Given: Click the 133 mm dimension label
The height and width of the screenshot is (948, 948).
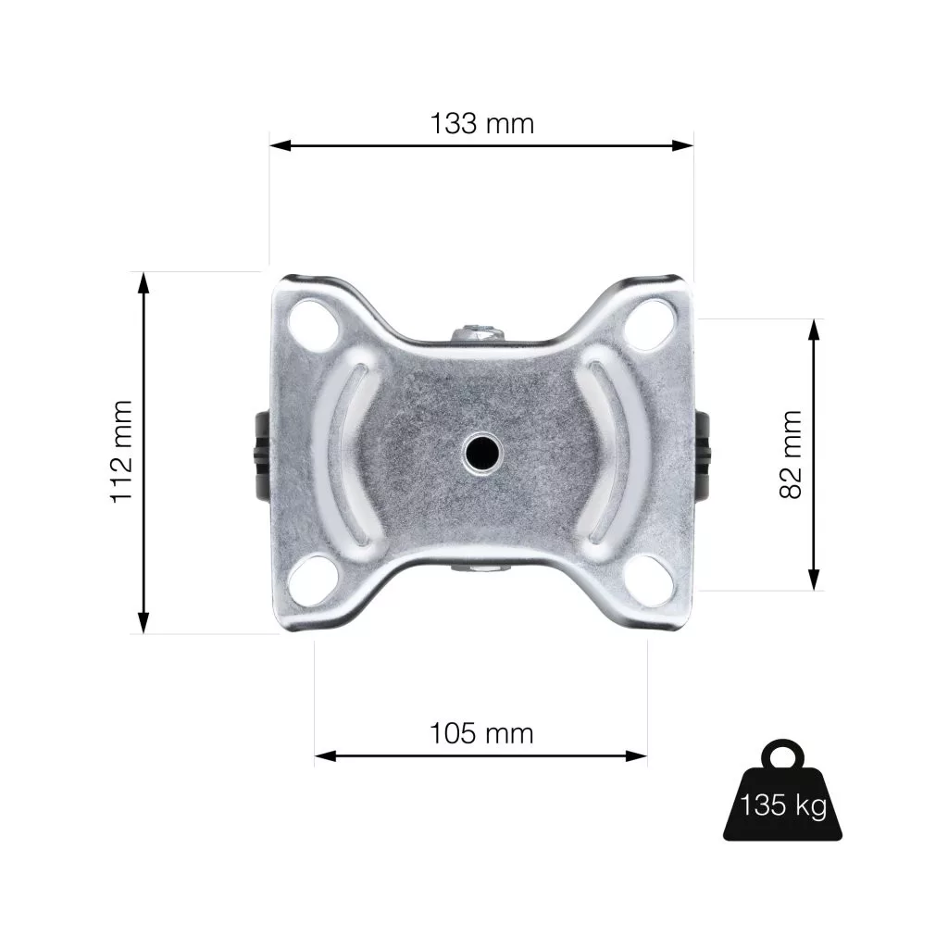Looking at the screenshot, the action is tap(481, 124).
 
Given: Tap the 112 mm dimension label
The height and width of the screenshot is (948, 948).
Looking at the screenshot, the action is tap(121, 451).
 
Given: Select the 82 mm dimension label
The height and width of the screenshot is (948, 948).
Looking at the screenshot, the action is tap(791, 454).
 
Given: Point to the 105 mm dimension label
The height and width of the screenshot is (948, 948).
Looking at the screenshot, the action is tap(481, 734).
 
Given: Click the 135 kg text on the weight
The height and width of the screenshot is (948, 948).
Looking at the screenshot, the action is tap(783, 805).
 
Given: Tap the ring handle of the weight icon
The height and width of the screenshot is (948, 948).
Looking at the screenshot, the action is tap(783, 755).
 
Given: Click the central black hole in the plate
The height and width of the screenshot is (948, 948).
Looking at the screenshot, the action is tap(481, 452).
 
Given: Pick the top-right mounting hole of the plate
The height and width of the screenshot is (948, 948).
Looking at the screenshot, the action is tap(649, 325).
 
